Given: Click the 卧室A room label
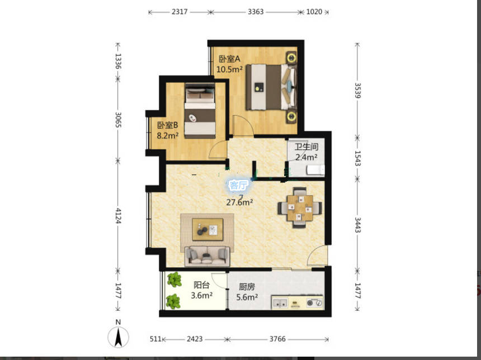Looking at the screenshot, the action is (x=229, y=59).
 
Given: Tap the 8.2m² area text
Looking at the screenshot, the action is (x=168, y=135).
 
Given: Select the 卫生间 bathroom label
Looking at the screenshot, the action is (x=306, y=146).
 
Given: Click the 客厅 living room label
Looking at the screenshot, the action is (x=238, y=185).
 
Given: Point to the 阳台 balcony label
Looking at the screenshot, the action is (x=201, y=285).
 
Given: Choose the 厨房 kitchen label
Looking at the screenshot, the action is (x=247, y=287).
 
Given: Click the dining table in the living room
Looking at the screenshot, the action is (x=300, y=208).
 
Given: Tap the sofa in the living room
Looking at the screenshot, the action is (x=208, y=256).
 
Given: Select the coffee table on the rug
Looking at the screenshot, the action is (x=208, y=229).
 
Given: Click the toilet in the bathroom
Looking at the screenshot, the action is (x=316, y=170).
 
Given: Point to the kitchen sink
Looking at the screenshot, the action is (x=280, y=302).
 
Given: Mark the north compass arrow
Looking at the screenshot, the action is (x=119, y=337).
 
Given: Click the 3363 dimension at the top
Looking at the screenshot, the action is (x=256, y=12).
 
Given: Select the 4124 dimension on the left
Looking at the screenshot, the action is (x=119, y=216).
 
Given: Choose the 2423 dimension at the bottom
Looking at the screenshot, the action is (x=195, y=339).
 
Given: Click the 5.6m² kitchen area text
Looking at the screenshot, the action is (x=247, y=297).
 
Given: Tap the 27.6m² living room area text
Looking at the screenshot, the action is (x=239, y=202).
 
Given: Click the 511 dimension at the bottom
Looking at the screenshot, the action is (x=155, y=339).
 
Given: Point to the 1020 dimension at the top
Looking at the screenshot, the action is (x=314, y=12).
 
